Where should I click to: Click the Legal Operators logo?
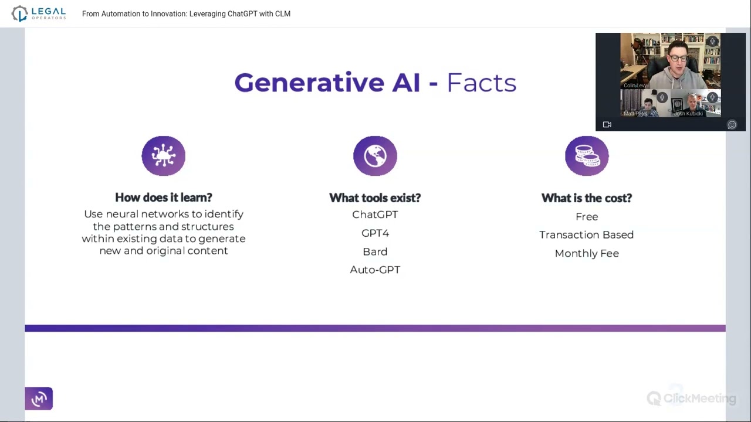pos(39,13)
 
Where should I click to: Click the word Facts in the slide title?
pos(482,83)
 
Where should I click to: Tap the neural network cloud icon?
pos(163,156)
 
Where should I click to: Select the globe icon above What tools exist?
pos(375,156)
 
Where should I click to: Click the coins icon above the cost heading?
pos(587,156)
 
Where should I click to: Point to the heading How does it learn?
pos(164,198)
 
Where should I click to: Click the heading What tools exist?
pos(375,198)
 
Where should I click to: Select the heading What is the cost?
pos(587,198)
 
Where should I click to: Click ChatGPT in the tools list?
pos(375,215)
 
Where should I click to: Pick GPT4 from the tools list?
pos(375,233)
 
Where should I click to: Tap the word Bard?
pos(375,251)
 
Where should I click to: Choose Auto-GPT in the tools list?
pos(375,270)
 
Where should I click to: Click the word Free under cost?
pos(587,217)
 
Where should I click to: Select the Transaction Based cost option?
pos(587,235)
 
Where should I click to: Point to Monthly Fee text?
pos(587,254)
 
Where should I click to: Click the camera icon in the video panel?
pos(607,125)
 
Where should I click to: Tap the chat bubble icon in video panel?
pos(732,125)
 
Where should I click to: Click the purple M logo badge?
pos(39,399)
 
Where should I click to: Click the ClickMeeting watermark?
pos(691,398)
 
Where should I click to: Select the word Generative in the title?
pos(309,83)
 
